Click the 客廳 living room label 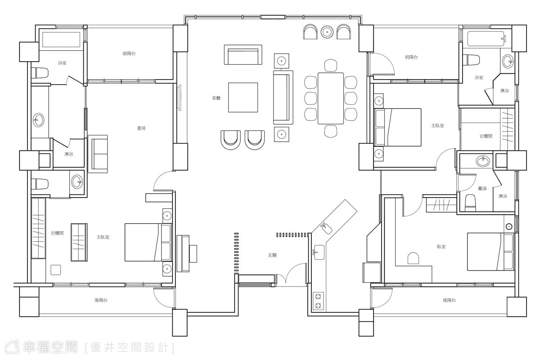216,98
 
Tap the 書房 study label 141,128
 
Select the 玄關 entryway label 272,255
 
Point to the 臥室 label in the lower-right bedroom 441,247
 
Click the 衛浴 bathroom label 482,189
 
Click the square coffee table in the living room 243,97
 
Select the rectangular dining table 330,99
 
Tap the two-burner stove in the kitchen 318,301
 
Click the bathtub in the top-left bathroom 62,40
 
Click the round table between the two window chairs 327,32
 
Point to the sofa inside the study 98,154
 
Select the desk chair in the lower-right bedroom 413,258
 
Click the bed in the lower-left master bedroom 148,243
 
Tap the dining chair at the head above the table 330,65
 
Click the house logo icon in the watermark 13,347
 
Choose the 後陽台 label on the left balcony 101,300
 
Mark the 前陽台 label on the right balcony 411,57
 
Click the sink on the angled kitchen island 326,228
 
